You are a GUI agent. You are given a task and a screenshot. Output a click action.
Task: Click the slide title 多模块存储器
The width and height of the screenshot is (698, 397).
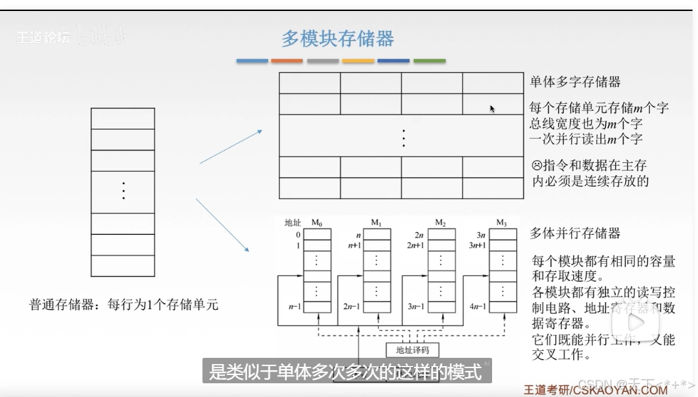[x=338, y=38]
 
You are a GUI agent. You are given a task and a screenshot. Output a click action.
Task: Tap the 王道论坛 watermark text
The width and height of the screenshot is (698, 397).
[x=43, y=38]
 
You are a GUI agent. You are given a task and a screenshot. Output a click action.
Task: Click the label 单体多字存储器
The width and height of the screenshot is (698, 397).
[x=575, y=82]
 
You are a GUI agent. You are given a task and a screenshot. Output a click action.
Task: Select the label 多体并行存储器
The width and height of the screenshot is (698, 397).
[x=575, y=234]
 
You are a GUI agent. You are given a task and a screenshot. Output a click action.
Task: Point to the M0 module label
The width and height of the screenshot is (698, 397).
[x=316, y=223]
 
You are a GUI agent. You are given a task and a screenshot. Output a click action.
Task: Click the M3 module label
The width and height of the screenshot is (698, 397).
[x=502, y=223]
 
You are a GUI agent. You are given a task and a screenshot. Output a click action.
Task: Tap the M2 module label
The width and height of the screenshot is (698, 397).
[x=441, y=223]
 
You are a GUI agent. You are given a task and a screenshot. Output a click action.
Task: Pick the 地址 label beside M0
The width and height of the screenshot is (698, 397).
[x=293, y=223]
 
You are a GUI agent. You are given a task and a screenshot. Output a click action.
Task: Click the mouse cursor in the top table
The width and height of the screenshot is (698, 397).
[x=492, y=108]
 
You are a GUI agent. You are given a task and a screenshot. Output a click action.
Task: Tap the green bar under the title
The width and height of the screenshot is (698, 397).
[x=429, y=61]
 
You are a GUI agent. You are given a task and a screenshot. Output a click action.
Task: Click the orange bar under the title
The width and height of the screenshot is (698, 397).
[x=287, y=61]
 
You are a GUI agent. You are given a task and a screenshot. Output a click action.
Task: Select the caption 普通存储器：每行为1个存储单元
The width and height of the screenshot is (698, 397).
[x=124, y=304]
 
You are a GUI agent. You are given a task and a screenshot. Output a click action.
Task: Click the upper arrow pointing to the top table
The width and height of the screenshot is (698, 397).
[x=231, y=146]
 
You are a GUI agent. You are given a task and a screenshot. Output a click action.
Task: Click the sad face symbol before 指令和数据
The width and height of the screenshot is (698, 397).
[x=536, y=166]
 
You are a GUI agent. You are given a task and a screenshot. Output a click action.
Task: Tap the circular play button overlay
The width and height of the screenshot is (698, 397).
[x=636, y=324]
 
